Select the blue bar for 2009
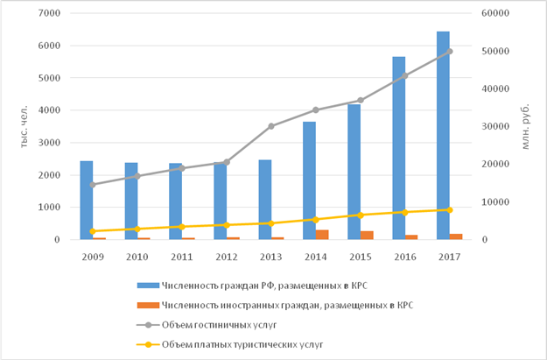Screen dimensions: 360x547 87,201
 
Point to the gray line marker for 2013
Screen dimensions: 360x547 271,126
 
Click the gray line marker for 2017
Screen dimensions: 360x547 450,51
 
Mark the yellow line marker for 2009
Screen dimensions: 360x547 93,231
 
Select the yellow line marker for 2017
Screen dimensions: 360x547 450,210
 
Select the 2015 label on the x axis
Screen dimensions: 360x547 361,256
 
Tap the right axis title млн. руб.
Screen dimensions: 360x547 527,127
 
